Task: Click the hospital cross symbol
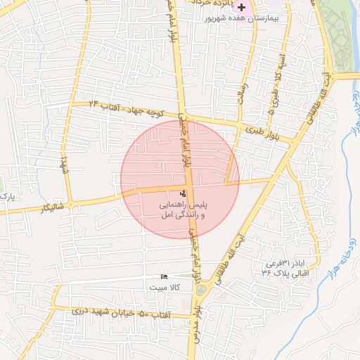coord(241,7)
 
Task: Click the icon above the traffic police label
coord(183,193)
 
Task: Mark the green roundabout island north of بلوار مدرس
coord(202,289)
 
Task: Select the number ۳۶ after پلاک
coord(266,274)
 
